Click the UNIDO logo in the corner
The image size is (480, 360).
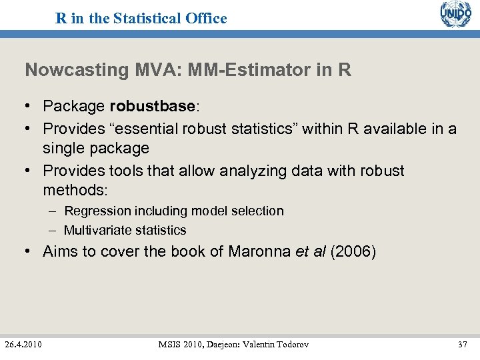(x=455, y=14)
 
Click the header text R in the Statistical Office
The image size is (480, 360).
(x=141, y=18)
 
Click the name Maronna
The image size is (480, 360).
(x=259, y=252)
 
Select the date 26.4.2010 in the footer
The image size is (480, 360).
(x=23, y=344)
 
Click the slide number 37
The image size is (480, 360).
(x=463, y=344)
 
